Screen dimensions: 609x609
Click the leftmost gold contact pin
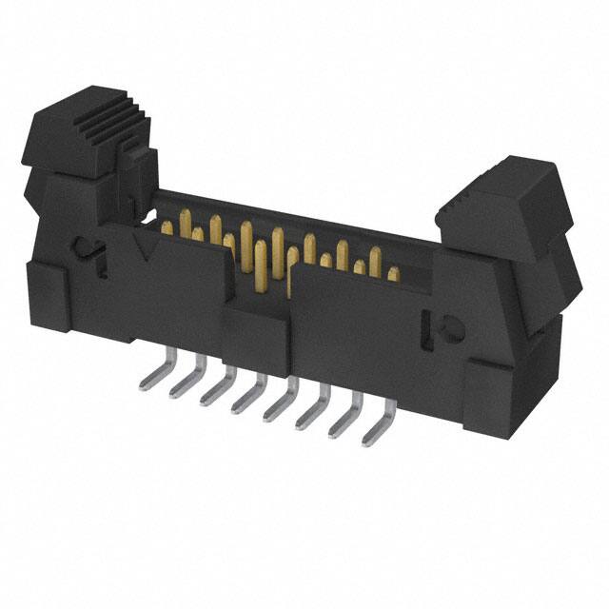pos(167,227)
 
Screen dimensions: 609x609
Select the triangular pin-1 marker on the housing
pos(146,250)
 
